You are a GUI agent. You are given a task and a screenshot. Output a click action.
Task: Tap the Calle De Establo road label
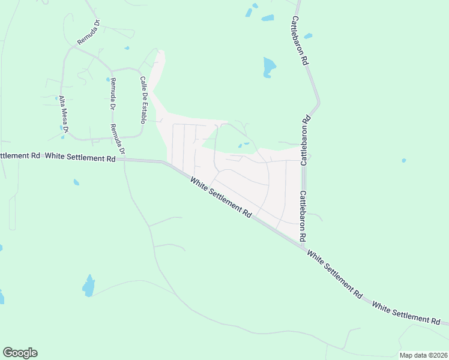tap(143, 100)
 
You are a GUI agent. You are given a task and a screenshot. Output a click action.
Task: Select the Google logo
tap(20, 353)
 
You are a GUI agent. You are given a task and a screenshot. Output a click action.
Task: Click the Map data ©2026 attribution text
tap(423, 355)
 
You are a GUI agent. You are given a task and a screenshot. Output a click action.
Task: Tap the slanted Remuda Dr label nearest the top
tap(89, 33)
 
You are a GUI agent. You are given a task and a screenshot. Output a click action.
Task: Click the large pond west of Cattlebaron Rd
tap(269, 67)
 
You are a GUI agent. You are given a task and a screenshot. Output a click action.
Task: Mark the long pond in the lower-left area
tap(89, 286)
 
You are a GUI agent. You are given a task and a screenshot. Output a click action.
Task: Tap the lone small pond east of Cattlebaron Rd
tap(404, 160)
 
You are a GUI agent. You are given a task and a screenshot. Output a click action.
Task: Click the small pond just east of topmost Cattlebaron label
tap(308, 37)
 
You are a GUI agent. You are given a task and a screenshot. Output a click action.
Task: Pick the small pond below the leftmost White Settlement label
tap(76, 182)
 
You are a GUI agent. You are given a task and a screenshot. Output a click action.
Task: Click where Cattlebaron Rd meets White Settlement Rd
tap(304, 244)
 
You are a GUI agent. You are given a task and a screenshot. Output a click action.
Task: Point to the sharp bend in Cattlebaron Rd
tap(318, 103)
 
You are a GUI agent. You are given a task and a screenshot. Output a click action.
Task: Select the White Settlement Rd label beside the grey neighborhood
tap(221, 197)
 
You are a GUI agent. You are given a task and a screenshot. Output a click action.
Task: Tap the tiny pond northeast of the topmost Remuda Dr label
tap(127, 48)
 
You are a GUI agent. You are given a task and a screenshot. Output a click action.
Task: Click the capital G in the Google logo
tap(8, 353)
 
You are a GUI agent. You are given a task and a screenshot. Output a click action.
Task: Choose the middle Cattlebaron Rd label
tap(306, 139)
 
